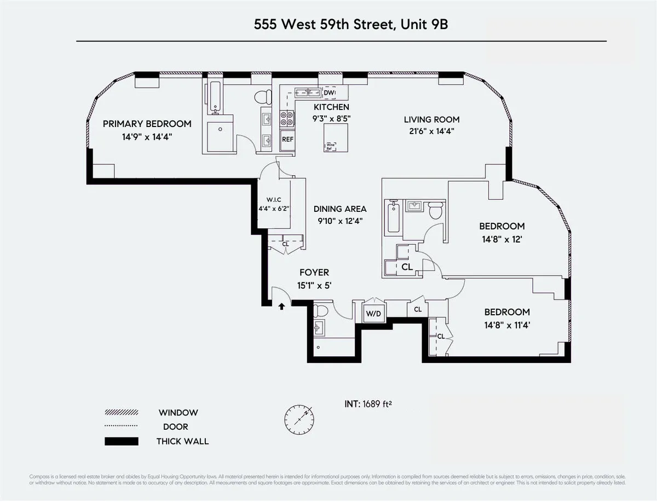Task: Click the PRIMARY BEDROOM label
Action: point(147,124)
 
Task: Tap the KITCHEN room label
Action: point(331,107)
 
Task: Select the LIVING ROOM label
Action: point(431,119)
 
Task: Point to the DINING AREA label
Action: point(340,209)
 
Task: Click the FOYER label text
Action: point(314,273)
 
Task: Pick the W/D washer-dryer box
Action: point(373,314)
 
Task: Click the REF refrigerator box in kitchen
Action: point(287,139)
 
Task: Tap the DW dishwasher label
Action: point(328,93)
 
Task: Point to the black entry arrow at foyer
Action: point(282,307)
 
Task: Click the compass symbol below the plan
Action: point(299,420)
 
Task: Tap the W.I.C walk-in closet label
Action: point(274,199)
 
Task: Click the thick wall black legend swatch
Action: point(121,441)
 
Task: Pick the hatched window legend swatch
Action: point(121,413)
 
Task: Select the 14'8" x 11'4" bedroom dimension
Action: point(506,325)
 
